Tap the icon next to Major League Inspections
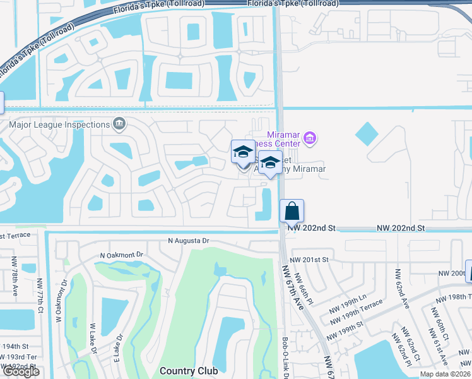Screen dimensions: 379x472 [118, 123]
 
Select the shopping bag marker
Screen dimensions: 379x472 [292, 211]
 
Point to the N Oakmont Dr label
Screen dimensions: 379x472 [122, 255]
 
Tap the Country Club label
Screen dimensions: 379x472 [189, 371]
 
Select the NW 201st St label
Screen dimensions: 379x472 [309, 260]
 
